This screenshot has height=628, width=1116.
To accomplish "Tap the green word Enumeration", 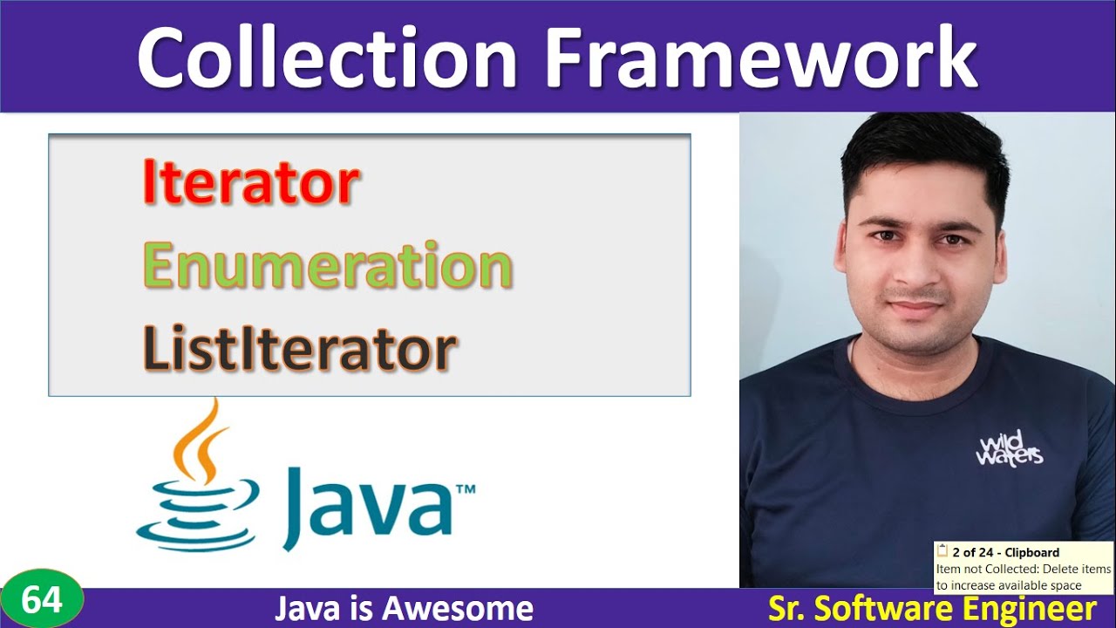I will [327, 266].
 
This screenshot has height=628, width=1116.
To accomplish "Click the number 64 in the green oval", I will [42, 601].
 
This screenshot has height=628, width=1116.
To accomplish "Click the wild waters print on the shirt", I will [1009, 449].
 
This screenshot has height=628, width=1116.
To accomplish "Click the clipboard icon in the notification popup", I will [942, 551].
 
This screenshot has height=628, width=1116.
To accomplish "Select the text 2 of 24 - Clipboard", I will [1005, 552].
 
